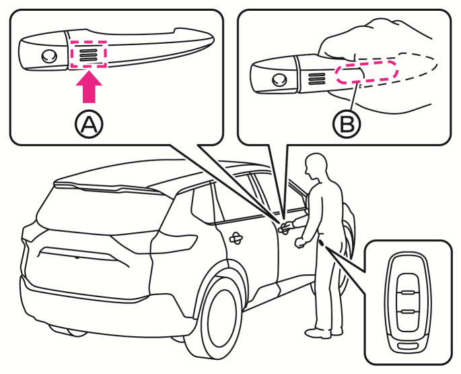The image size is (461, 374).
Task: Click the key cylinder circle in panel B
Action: [277, 79]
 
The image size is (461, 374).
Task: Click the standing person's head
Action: [316, 166]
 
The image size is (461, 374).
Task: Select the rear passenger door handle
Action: [236, 237]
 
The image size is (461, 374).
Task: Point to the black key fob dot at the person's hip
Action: [324, 242]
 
